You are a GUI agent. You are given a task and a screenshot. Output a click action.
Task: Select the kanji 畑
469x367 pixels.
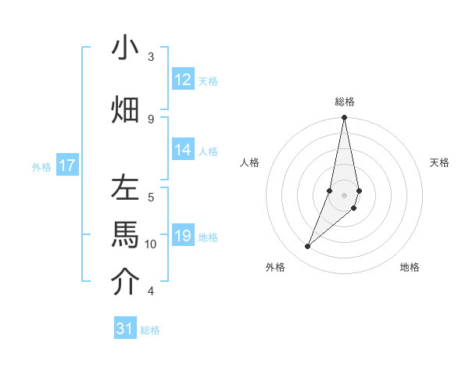tap(125, 109)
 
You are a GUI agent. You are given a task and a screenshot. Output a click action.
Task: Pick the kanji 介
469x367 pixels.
tap(125, 283)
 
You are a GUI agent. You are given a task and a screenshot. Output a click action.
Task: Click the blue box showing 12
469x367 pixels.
tap(183, 80)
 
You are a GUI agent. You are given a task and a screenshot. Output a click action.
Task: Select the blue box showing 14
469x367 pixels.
tap(183, 151)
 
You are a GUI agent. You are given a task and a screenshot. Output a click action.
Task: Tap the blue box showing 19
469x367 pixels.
tap(183, 237)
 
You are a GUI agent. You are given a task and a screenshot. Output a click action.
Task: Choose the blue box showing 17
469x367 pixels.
tap(67, 166)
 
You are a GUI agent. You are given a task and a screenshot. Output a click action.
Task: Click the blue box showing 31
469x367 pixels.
tap(125, 329)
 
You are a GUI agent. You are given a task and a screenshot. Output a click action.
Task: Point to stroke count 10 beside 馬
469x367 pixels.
tap(151, 244)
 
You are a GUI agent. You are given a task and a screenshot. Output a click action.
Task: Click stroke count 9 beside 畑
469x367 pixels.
tap(151, 119)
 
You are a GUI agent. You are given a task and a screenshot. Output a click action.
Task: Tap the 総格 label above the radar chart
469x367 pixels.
tap(345, 102)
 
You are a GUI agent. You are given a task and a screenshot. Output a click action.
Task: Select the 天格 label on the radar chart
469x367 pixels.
tap(440, 162)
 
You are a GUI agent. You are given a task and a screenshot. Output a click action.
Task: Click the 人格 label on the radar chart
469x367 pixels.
tap(249, 162)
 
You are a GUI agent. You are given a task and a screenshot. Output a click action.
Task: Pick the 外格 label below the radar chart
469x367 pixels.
tap(275, 267)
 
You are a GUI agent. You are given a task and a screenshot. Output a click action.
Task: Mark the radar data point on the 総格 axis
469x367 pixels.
tap(344, 118)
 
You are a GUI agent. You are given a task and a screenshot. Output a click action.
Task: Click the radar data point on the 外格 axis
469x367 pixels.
tap(307, 247)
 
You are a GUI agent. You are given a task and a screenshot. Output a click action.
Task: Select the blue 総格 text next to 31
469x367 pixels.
tap(150, 330)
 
